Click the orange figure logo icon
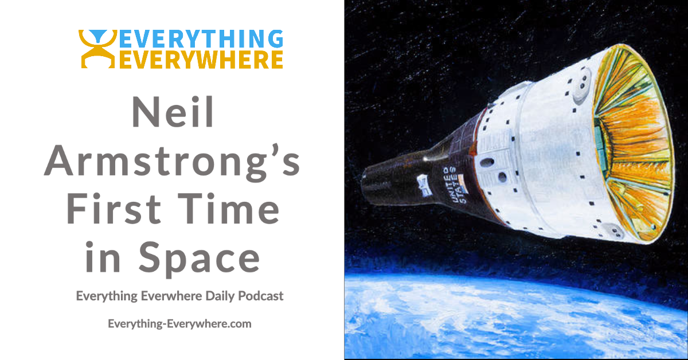[x=97, y=49]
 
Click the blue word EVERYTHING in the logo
[x=201, y=39]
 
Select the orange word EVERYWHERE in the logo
[x=201, y=59]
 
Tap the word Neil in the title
[x=173, y=112]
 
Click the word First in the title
[x=114, y=208]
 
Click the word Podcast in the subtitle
[x=261, y=296]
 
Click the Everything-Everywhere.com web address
[x=179, y=324]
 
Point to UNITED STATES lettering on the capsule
[x=454, y=185]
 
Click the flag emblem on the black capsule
[x=423, y=185]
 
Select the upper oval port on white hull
[x=487, y=162]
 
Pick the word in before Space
[x=103, y=257]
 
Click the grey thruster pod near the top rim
[x=581, y=85]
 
